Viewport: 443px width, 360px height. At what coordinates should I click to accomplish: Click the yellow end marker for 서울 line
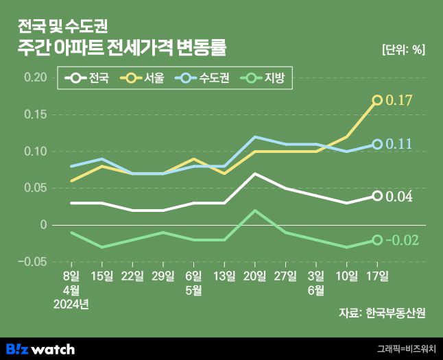(376, 100)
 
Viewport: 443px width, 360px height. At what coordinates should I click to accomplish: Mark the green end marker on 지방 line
(376, 240)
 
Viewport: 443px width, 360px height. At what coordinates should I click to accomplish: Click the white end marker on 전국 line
(376, 196)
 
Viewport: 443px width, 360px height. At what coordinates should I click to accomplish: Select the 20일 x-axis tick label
(254, 276)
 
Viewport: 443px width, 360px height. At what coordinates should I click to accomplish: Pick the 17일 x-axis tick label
(376, 276)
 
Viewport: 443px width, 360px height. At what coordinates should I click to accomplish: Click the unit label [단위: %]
(403, 49)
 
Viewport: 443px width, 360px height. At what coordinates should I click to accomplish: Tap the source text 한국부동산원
(396, 313)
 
